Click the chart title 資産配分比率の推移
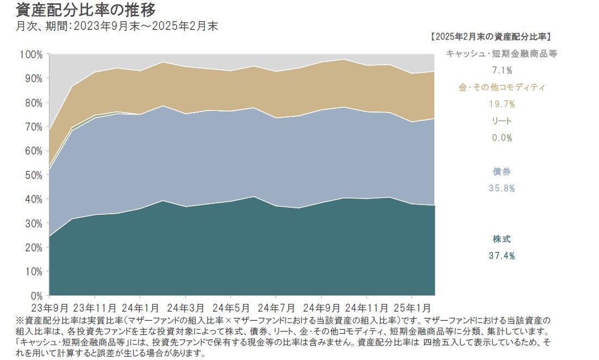coord(79,10)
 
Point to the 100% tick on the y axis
coord(30,54)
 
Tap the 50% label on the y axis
coord(33,175)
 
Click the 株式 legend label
coord(502,239)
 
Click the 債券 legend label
coord(502,172)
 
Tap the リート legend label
coord(502,121)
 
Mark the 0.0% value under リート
coord(502,138)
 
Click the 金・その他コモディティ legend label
coord(502,87)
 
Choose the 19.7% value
coord(502,104)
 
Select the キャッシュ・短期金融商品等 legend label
coord(502,53)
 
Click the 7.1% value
coord(502,70)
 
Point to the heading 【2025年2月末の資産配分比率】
coord(490,36)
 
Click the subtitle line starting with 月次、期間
coord(117,26)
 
